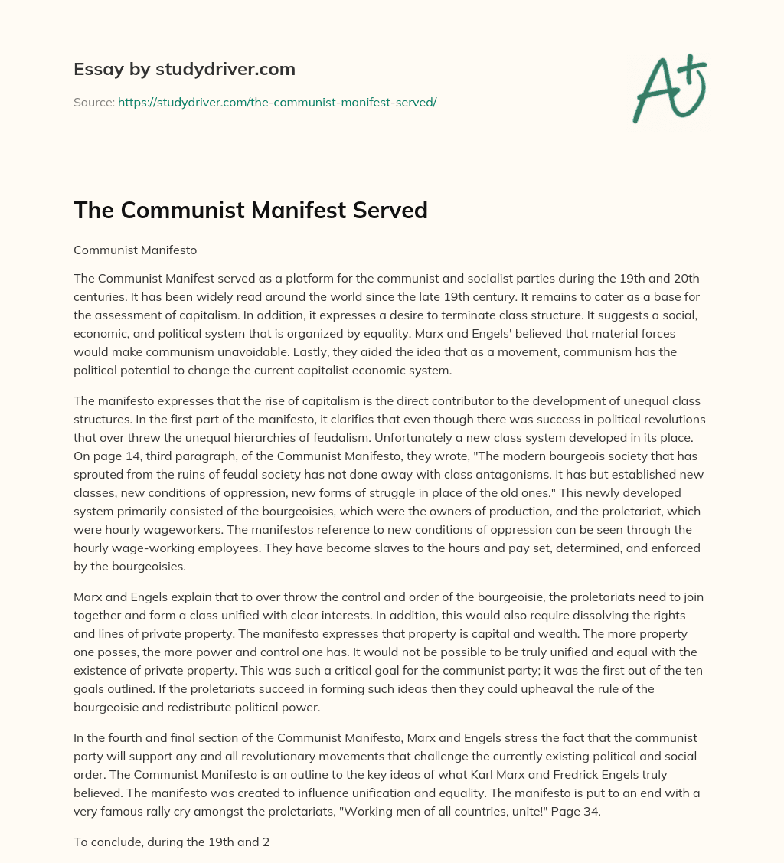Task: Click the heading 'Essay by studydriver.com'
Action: point(184,70)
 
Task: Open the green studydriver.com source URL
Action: point(276,102)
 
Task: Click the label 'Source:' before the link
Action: point(93,102)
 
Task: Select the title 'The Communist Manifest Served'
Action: point(250,211)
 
